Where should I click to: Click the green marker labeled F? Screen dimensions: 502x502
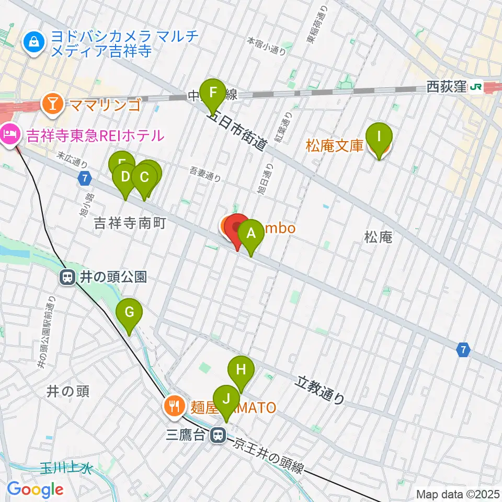pyautogui.click(x=213, y=93)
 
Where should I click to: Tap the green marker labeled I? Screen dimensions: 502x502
pyautogui.click(x=380, y=137)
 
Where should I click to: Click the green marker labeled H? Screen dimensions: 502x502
pyautogui.click(x=241, y=370)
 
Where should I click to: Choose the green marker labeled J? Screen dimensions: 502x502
pyautogui.click(x=226, y=399)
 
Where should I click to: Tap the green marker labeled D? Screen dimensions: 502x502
pyautogui.click(x=125, y=177)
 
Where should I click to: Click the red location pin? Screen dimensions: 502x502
pyautogui.click(x=238, y=228)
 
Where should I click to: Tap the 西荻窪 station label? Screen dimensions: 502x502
pyautogui.click(x=446, y=87)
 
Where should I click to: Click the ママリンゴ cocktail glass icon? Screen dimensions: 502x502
pyautogui.click(x=52, y=104)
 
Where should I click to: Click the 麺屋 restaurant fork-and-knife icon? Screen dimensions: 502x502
pyautogui.click(x=174, y=406)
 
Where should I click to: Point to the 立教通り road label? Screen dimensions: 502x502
pyautogui.click(x=322, y=390)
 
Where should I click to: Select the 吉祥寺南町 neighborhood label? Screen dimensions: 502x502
pyautogui.click(x=130, y=223)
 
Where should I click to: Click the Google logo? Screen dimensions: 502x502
pyautogui.click(x=35, y=489)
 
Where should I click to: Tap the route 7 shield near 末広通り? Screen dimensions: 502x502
pyautogui.click(x=85, y=178)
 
